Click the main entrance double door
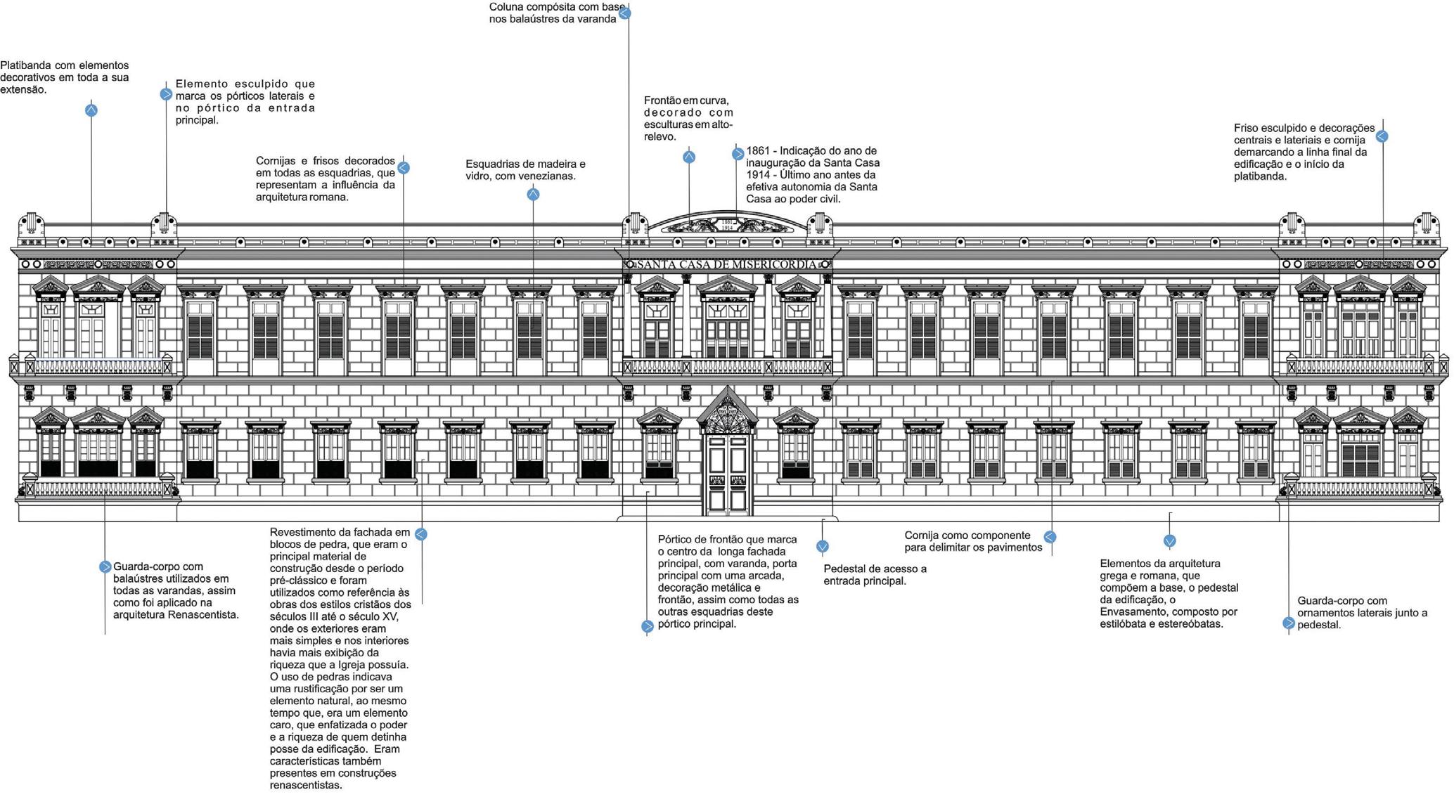tap(727, 474)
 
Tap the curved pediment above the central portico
tap(727, 223)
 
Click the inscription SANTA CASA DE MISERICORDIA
tap(727, 264)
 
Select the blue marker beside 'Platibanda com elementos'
tap(91, 110)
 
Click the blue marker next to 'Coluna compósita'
tap(624, 13)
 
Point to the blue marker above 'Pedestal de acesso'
tap(823, 546)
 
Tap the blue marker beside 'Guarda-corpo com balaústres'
tap(105, 566)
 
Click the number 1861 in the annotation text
tap(761, 151)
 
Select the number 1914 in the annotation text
tap(761, 175)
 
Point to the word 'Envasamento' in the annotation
tap(1133, 612)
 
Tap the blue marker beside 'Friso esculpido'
tap(1382, 136)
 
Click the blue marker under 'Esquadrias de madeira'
tap(533, 195)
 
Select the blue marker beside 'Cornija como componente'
tap(1050, 537)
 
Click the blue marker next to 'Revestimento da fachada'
tap(420, 534)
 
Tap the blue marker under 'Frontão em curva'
tap(689, 157)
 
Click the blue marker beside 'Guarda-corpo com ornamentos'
tap(1288, 623)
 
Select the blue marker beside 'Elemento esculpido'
tap(166, 94)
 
